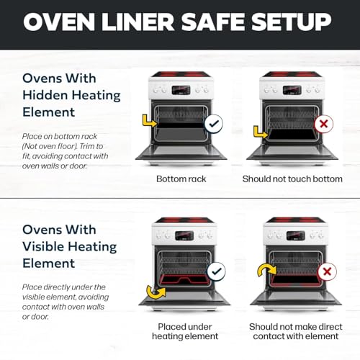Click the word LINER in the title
(x=138, y=22)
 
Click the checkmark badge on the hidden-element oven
(x=214, y=124)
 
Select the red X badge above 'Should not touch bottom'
(x=324, y=124)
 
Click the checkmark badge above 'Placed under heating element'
(x=217, y=271)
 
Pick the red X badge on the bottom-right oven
(x=327, y=271)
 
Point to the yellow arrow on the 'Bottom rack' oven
(x=149, y=121)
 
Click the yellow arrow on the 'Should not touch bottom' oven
(x=261, y=132)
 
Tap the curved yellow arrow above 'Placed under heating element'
(x=156, y=292)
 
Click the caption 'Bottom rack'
(x=181, y=179)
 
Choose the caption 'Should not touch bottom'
(x=292, y=179)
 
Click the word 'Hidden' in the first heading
(x=45, y=95)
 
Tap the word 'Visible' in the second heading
(x=43, y=246)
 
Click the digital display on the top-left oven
(x=181, y=90)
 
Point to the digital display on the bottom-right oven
(x=296, y=236)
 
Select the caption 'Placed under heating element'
(x=185, y=331)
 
